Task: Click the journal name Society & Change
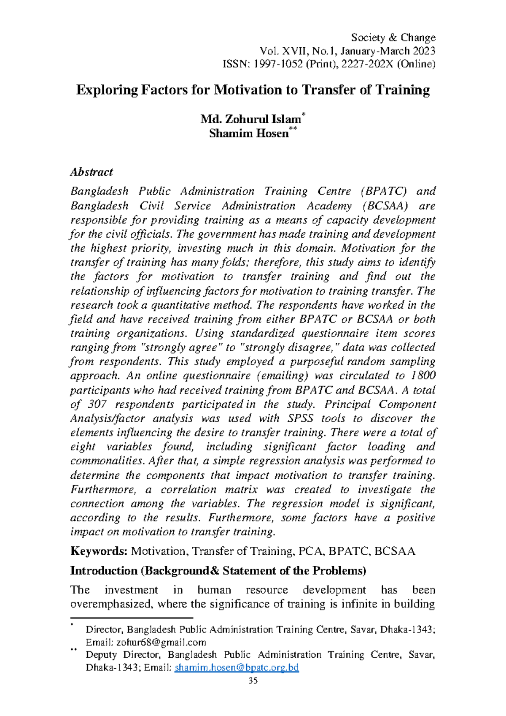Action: [x=393, y=38]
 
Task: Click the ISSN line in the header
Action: [x=328, y=64]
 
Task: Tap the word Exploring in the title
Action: [x=107, y=90]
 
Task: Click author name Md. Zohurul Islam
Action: [x=250, y=119]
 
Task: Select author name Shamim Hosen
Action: [x=249, y=133]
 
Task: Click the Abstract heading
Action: [x=92, y=172]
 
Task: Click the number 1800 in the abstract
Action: [x=423, y=375]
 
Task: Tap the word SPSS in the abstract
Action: [x=300, y=418]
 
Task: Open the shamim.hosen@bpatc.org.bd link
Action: [x=237, y=668]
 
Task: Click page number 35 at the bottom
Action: [x=253, y=681]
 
